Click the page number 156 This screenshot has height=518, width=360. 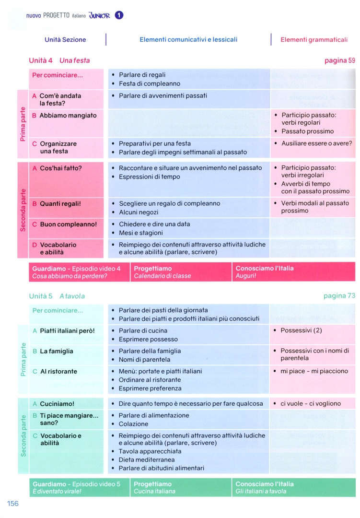[x=13, y=503]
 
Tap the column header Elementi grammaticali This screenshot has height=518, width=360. [x=314, y=40]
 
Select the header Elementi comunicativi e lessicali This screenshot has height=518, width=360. [x=188, y=40]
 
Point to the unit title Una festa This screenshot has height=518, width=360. [x=74, y=60]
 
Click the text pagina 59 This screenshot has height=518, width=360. [x=339, y=60]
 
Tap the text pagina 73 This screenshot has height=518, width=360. [x=339, y=296]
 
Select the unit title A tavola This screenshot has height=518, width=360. [x=72, y=296]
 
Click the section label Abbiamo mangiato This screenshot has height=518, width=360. [x=68, y=116]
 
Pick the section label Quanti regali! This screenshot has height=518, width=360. [x=60, y=204]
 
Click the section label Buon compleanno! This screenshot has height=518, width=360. [x=68, y=224]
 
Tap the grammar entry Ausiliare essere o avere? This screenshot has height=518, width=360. [x=316, y=143]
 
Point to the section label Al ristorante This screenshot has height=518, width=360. [x=58, y=372]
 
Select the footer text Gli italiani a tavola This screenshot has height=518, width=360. [x=261, y=492]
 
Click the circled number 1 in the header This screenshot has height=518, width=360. [x=119, y=15]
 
